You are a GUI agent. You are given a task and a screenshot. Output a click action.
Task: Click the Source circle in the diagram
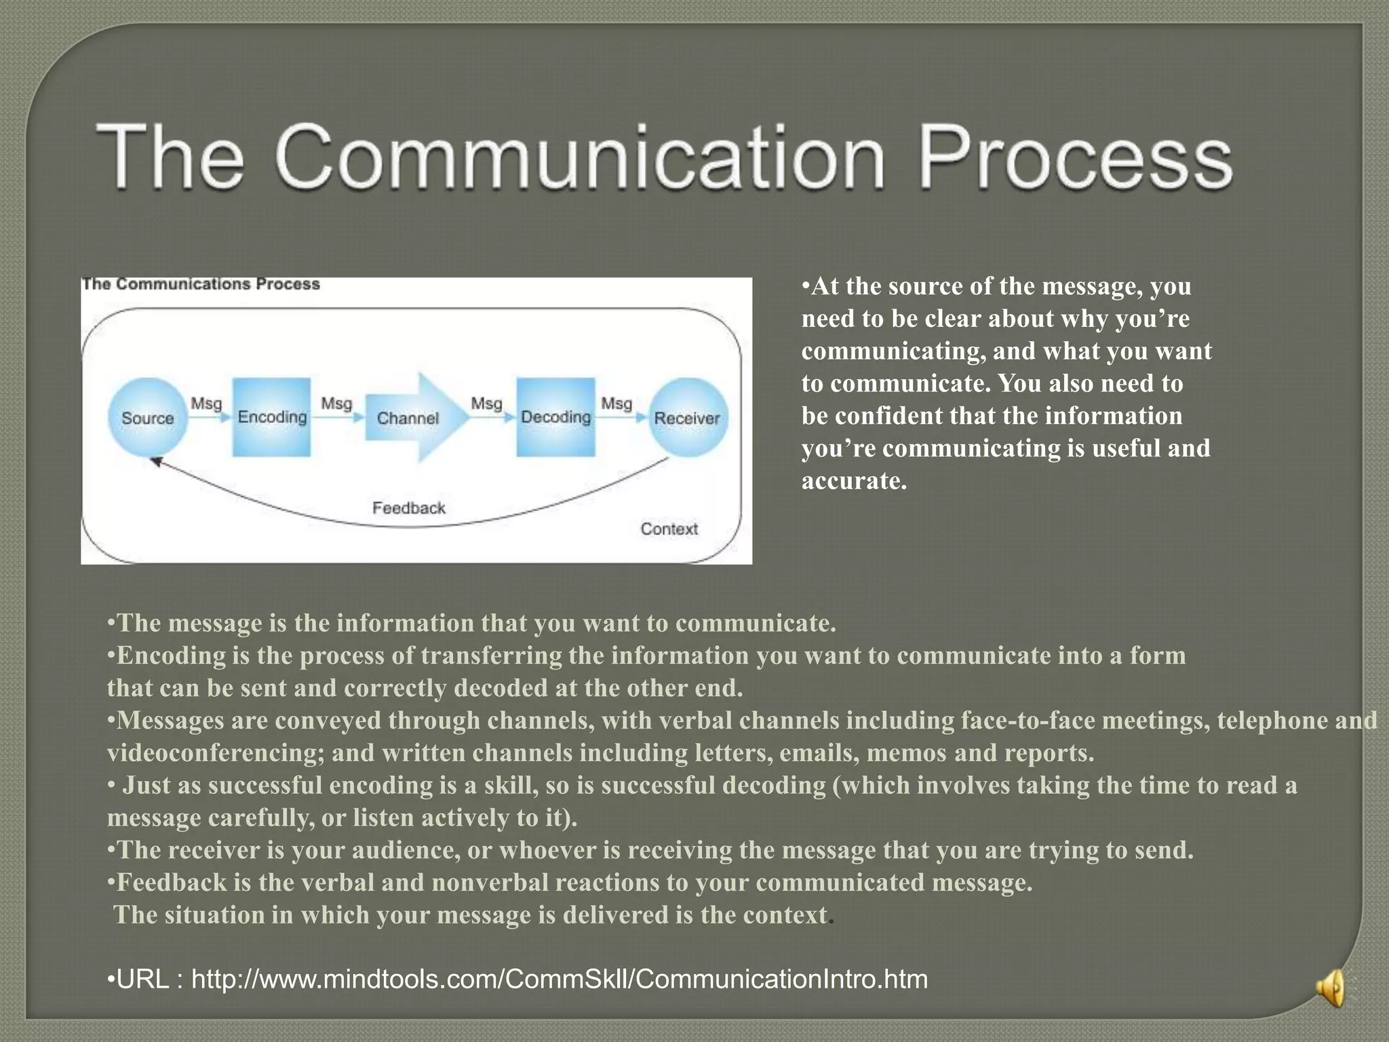pos(147,417)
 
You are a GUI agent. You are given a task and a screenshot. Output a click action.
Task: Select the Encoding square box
pos(272,417)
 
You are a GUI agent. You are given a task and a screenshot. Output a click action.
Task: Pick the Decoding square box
pos(555,417)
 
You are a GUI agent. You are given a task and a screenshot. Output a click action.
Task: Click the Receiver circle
pos(686,418)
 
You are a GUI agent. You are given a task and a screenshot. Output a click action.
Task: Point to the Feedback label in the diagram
pos(408,507)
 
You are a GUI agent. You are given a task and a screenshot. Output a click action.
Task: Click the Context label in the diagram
pos(669,528)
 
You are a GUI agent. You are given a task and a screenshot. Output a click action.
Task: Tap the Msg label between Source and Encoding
pos(206,404)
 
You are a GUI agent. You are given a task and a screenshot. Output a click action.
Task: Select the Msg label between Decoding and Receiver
pos(616,404)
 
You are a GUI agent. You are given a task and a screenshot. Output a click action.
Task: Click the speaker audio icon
pos(1331,988)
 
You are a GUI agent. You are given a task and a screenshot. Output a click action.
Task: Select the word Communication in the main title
pos(581,157)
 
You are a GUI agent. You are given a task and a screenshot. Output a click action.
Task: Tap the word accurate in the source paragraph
pos(853,481)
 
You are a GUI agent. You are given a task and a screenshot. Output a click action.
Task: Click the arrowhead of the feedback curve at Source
pos(155,461)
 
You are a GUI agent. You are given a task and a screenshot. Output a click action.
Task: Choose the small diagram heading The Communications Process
pos(201,284)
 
